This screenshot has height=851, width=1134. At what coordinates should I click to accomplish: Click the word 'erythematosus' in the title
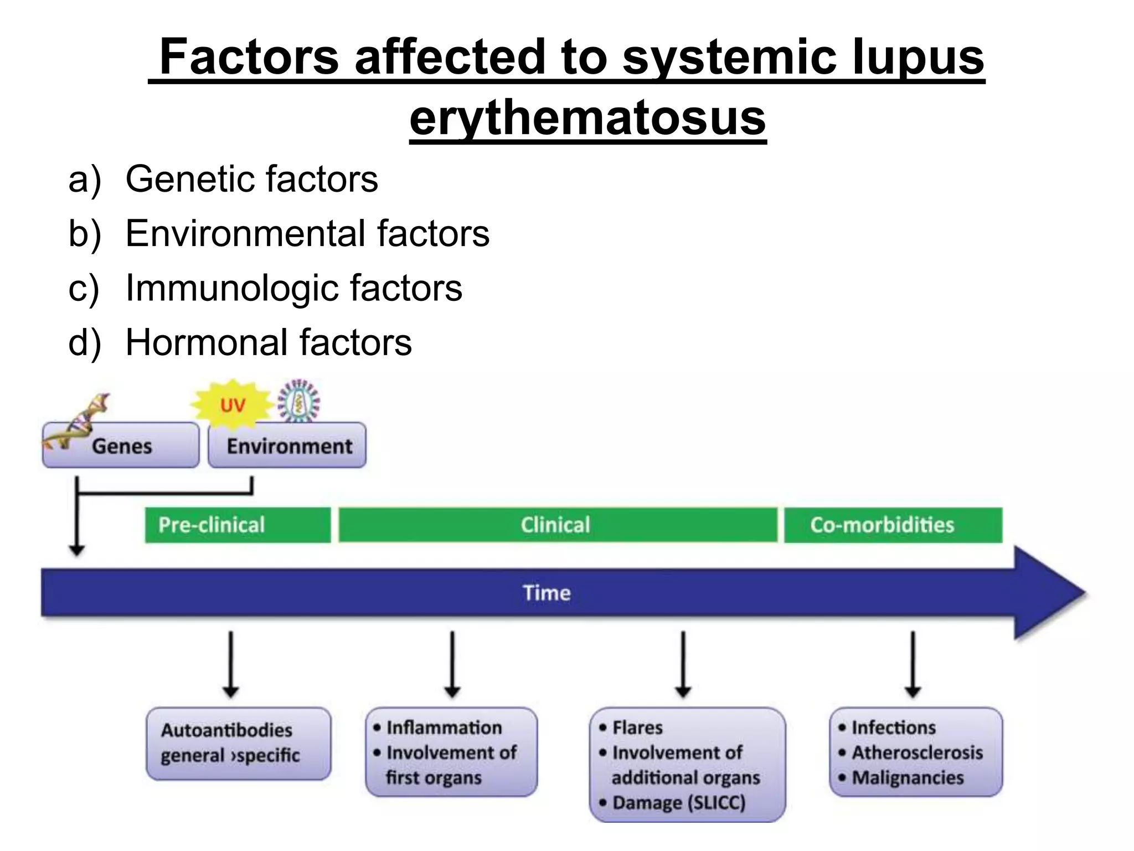click(x=587, y=118)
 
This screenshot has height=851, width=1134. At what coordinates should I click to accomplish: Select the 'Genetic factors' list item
click(x=251, y=179)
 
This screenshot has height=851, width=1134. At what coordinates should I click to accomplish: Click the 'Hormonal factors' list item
click(x=269, y=342)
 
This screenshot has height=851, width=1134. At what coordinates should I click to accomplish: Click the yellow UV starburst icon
click(x=233, y=404)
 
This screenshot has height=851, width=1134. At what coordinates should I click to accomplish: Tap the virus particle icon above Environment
click(x=299, y=400)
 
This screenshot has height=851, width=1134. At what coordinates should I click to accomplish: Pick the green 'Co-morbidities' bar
click(x=893, y=525)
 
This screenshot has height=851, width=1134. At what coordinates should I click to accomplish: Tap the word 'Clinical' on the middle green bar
click(x=555, y=525)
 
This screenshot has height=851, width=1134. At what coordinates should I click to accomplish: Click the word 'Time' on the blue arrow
click(x=547, y=593)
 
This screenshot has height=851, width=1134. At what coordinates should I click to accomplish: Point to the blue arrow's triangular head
click(x=1047, y=593)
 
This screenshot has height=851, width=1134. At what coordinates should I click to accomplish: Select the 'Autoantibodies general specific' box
click(x=238, y=743)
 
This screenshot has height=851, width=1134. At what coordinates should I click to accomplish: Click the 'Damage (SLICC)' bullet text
click(x=679, y=803)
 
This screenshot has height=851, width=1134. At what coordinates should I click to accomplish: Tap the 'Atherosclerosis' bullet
click(x=917, y=752)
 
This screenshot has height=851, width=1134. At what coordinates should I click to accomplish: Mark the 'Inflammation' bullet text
click(x=444, y=727)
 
